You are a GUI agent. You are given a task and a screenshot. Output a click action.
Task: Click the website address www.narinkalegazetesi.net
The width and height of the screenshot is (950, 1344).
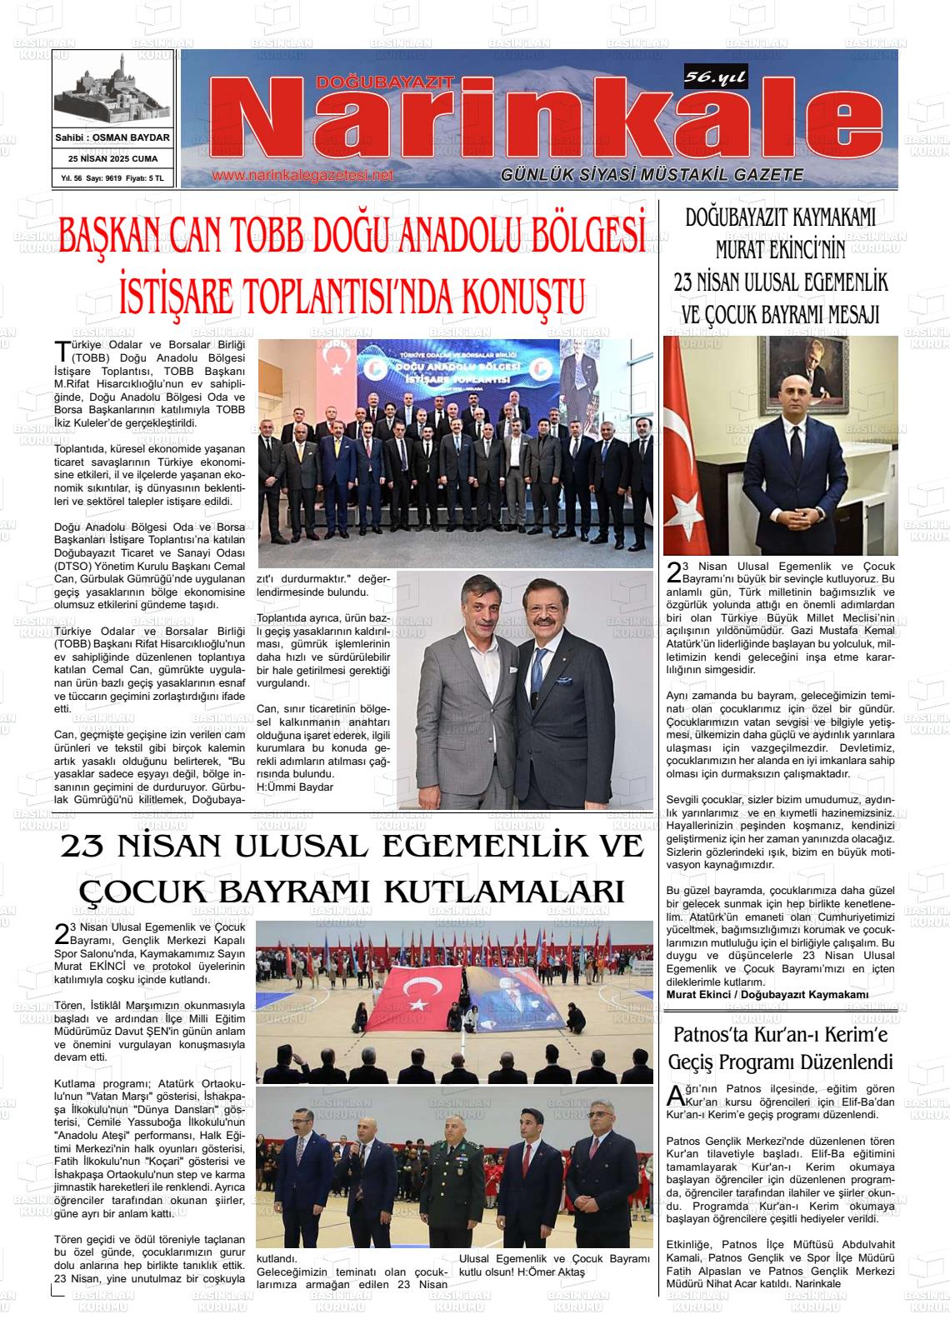point(302,176)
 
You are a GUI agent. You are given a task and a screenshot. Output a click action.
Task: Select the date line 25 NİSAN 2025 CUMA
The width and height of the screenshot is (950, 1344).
point(112,158)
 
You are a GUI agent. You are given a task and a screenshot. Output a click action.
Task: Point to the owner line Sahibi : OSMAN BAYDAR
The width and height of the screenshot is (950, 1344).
point(112,137)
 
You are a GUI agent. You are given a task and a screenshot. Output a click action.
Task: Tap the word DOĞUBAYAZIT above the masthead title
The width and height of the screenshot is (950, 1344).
point(385,81)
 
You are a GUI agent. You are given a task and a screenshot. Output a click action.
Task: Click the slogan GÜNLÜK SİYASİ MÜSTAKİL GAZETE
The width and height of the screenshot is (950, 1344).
point(652,175)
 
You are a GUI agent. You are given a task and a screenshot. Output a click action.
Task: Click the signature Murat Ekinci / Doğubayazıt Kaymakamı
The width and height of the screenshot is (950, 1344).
point(767,994)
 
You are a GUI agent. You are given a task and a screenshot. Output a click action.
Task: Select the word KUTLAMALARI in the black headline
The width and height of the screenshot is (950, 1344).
point(503,892)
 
